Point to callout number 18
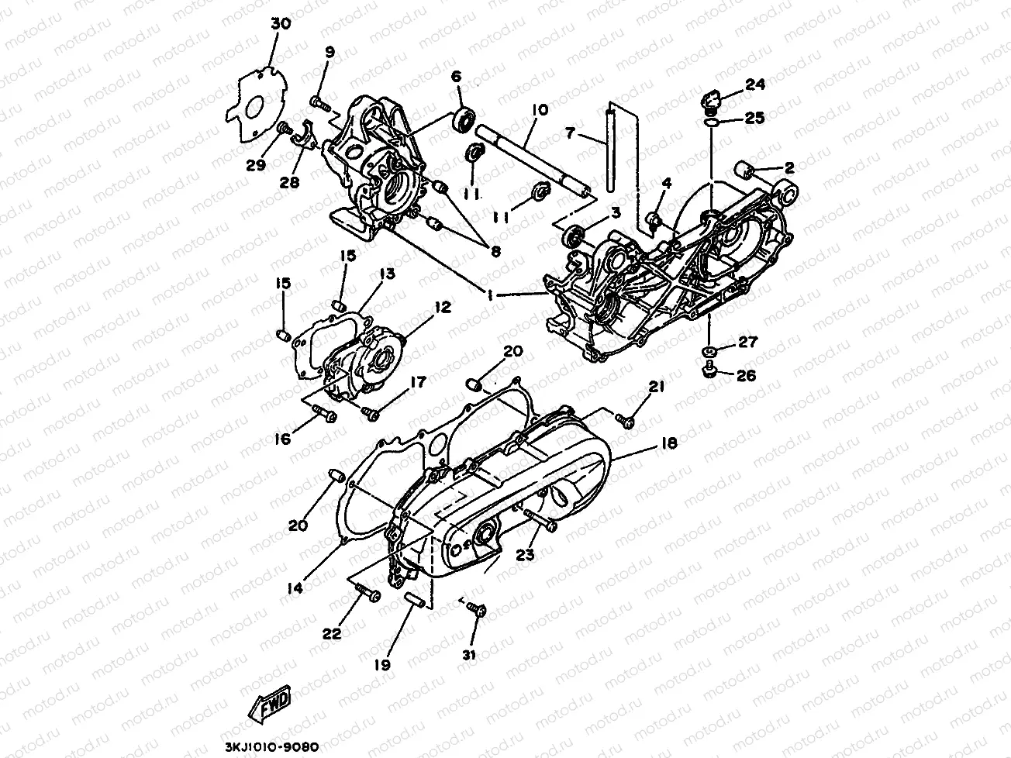(668, 444)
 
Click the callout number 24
(755, 84)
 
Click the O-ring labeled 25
(711, 120)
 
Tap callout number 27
(747, 342)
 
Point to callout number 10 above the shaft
(540, 111)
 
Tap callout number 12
(442, 308)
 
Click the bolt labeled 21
(625, 419)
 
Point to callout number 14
(294, 588)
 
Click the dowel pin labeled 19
(412, 601)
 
